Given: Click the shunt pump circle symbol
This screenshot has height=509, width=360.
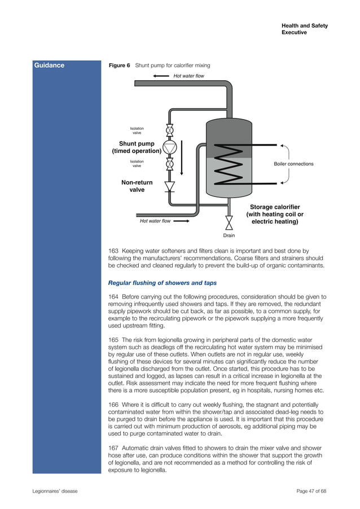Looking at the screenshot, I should [x=169, y=147].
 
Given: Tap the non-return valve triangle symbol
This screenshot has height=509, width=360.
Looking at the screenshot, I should [x=169, y=186].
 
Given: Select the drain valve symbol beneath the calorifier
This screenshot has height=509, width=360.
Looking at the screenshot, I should [x=229, y=220].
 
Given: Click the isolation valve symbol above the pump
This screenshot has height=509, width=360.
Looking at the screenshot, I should [x=169, y=130].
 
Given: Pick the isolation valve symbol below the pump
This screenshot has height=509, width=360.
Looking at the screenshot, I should [x=169, y=165].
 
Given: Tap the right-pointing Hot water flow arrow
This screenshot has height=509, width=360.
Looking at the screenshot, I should [x=182, y=221].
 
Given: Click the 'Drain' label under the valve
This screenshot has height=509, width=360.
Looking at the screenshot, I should [x=229, y=235].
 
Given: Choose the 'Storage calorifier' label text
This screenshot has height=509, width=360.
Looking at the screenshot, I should [x=275, y=207].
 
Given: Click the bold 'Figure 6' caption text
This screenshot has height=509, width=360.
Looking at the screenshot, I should [x=119, y=65].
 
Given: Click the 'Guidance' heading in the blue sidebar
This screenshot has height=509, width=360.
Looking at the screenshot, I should [x=50, y=65].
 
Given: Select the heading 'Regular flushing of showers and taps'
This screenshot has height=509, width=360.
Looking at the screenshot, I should [x=162, y=283].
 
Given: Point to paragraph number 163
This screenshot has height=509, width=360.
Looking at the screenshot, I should [x=113, y=250].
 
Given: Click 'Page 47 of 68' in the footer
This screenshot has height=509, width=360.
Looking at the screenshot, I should [x=311, y=491].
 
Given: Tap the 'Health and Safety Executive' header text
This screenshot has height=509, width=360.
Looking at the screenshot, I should [x=304, y=29].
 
